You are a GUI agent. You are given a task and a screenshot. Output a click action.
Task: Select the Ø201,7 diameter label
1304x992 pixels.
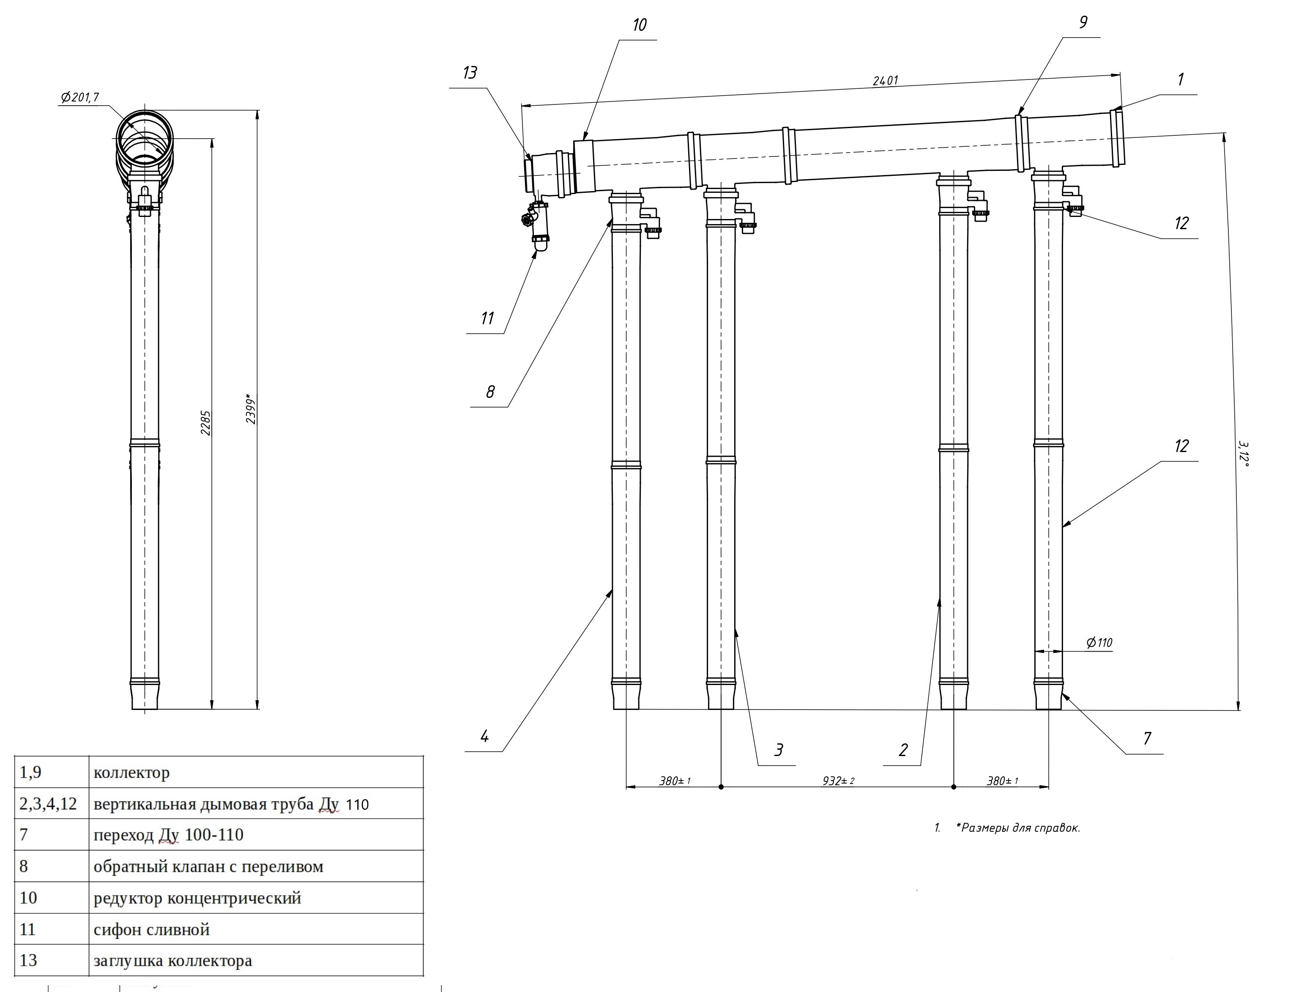pyautogui.click(x=80, y=97)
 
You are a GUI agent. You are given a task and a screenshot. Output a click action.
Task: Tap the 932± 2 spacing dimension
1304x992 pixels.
pyautogui.click(x=838, y=781)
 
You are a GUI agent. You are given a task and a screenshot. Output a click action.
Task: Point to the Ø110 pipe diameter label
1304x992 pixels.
pyautogui.click(x=1099, y=642)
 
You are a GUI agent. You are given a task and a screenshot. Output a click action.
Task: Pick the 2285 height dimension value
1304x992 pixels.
pyautogui.click(x=205, y=423)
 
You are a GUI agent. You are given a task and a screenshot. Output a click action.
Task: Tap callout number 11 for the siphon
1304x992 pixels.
pyautogui.click(x=487, y=319)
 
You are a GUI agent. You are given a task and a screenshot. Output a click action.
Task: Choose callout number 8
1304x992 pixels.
pyautogui.click(x=490, y=392)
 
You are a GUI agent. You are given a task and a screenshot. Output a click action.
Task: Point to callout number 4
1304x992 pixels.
pyautogui.click(x=485, y=736)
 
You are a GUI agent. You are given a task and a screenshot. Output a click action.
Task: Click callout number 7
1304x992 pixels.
pyautogui.click(x=1147, y=739)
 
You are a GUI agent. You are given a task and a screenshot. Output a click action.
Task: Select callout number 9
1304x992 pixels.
pyautogui.click(x=1083, y=22)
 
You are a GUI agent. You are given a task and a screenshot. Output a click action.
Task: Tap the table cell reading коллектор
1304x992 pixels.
pyautogui.click(x=131, y=773)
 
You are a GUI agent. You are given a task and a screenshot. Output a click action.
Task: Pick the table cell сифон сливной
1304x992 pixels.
pyautogui.click(x=152, y=930)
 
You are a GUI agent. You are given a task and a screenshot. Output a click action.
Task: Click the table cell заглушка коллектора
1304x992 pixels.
pyautogui.click(x=172, y=961)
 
